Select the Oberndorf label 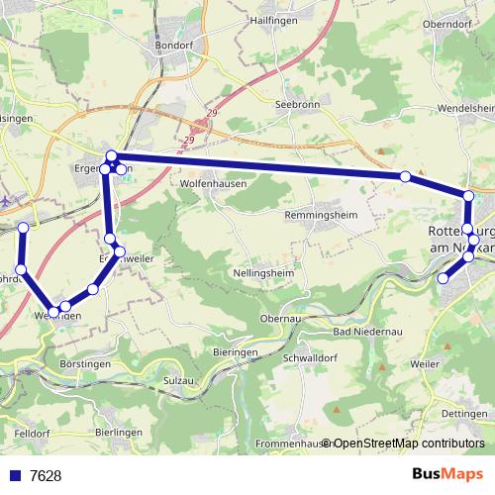coord(451,26)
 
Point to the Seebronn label coord(295,105)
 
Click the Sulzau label coord(178,380)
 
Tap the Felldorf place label coord(33,433)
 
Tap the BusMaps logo coord(446,474)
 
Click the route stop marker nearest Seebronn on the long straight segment coord(405,176)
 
